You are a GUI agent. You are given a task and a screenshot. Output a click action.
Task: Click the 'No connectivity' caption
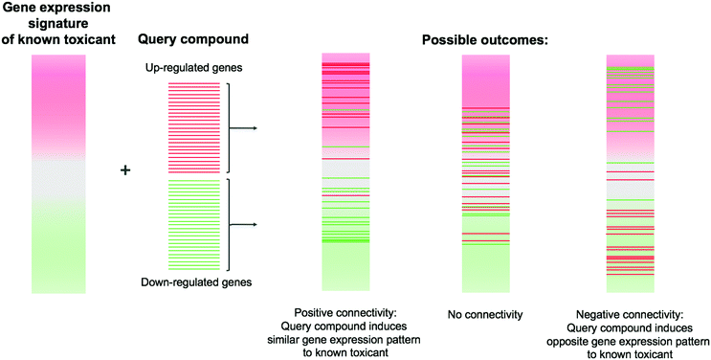point(488,313)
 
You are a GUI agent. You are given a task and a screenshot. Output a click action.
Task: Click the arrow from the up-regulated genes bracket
point(246,127)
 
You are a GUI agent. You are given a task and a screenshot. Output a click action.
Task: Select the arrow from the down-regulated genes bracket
point(246,225)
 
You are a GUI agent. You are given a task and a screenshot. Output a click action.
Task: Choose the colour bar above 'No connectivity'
point(488,172)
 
